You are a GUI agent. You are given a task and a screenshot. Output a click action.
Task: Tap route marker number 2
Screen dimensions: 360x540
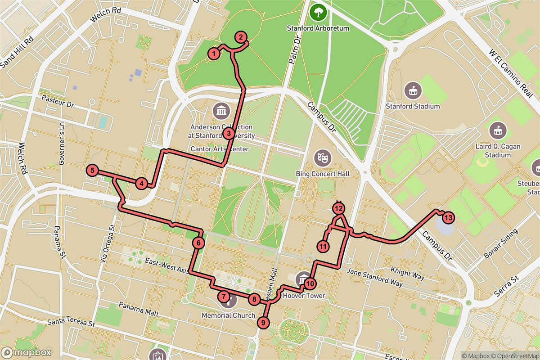tap(241, 37)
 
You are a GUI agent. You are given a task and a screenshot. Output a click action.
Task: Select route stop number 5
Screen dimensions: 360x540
tap(92, 170)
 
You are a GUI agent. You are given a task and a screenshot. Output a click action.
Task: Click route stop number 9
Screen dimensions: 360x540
tap(263, 322)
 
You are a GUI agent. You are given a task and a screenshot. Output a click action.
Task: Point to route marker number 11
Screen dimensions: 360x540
tap(323, 246)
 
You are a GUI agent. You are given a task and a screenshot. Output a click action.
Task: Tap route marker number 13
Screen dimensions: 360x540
tap(447, 218)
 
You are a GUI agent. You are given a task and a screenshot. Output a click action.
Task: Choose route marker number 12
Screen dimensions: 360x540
tap(338, 208)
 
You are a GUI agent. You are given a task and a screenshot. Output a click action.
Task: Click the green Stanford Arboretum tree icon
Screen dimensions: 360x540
tap(319, 12)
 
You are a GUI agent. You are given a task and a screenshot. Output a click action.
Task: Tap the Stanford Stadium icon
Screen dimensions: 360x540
tap(413, 90)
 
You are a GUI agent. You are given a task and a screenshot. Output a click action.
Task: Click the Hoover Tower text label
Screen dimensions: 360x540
tap(303, 296)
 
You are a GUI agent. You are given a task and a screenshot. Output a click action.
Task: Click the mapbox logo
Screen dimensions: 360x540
tap(26, 352)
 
